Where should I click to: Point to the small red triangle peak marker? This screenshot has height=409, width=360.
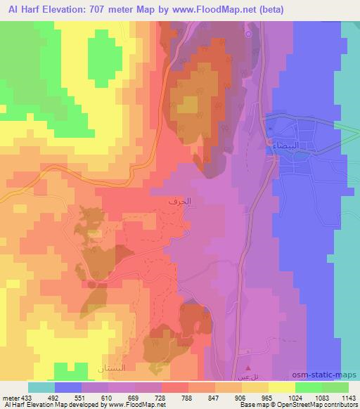pos(247,368)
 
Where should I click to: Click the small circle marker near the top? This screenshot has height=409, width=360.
pos(247,34)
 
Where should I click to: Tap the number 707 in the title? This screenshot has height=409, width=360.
pos(120,7)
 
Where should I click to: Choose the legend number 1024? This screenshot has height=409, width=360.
pos(284,398)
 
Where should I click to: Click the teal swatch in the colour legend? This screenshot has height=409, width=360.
pos(41,387)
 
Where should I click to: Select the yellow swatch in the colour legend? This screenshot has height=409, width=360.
pos(282,387)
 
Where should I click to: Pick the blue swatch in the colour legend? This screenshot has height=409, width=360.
pos(68,387)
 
